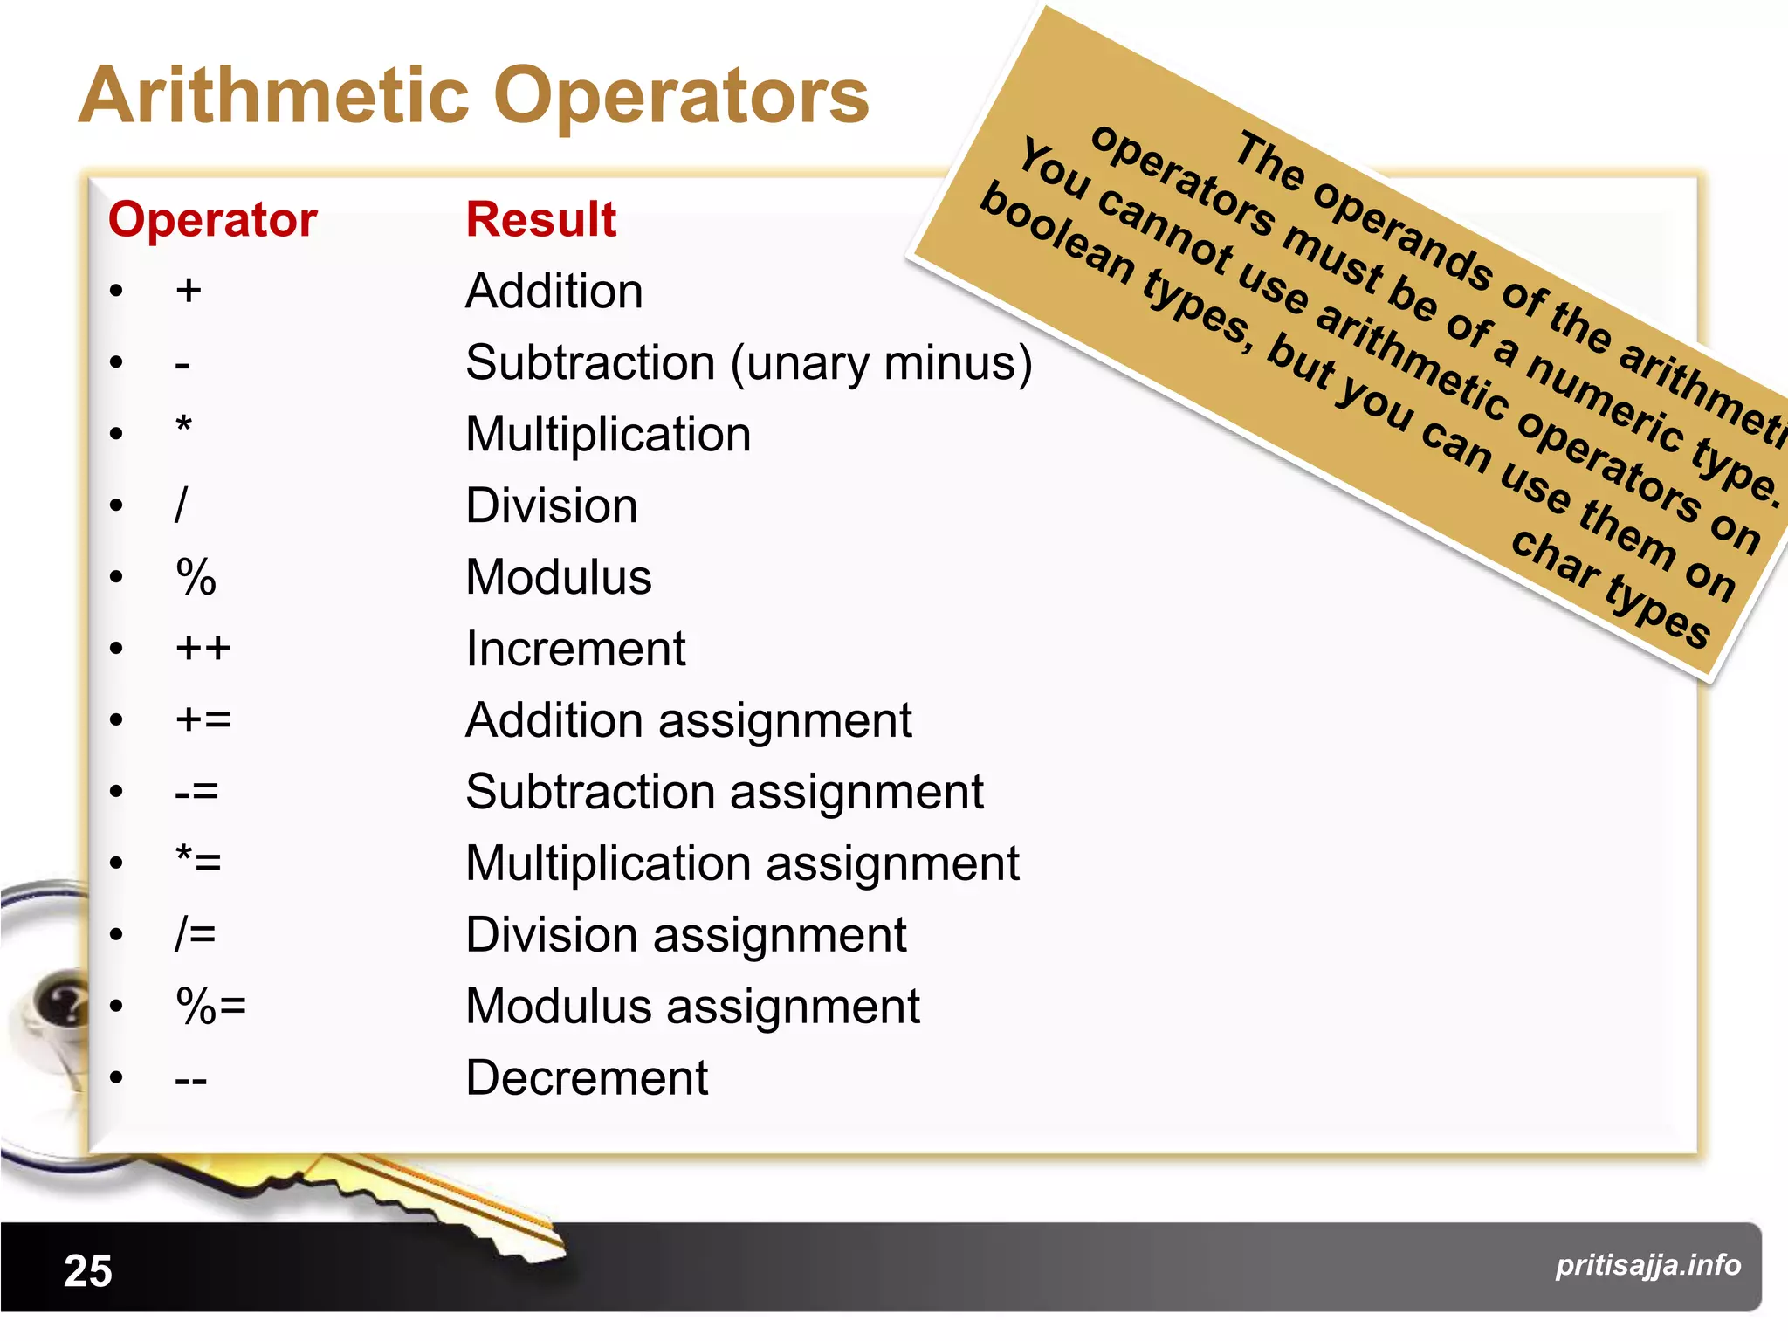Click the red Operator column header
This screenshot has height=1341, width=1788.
click(212, 219)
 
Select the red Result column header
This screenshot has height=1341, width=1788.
click(540, 219)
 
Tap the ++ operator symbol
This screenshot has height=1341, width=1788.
click(203, 649)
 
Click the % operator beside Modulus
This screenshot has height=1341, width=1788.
click(196, 577)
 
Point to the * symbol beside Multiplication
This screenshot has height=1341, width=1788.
click(183, 428)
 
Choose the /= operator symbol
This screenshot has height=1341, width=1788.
click(196, 934)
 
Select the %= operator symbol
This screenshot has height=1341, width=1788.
click(210, 1006)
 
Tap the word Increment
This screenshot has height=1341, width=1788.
click(575, 649)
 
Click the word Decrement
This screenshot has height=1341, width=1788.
click(587, 1078)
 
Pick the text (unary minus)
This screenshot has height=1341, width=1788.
click(881, 363)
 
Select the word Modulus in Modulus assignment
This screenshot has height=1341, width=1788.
click(559, 1007)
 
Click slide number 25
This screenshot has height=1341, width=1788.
click(88, 1271)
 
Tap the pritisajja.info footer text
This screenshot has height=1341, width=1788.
click(1647, 1265)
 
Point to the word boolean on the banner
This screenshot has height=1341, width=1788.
click(1056, 231)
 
